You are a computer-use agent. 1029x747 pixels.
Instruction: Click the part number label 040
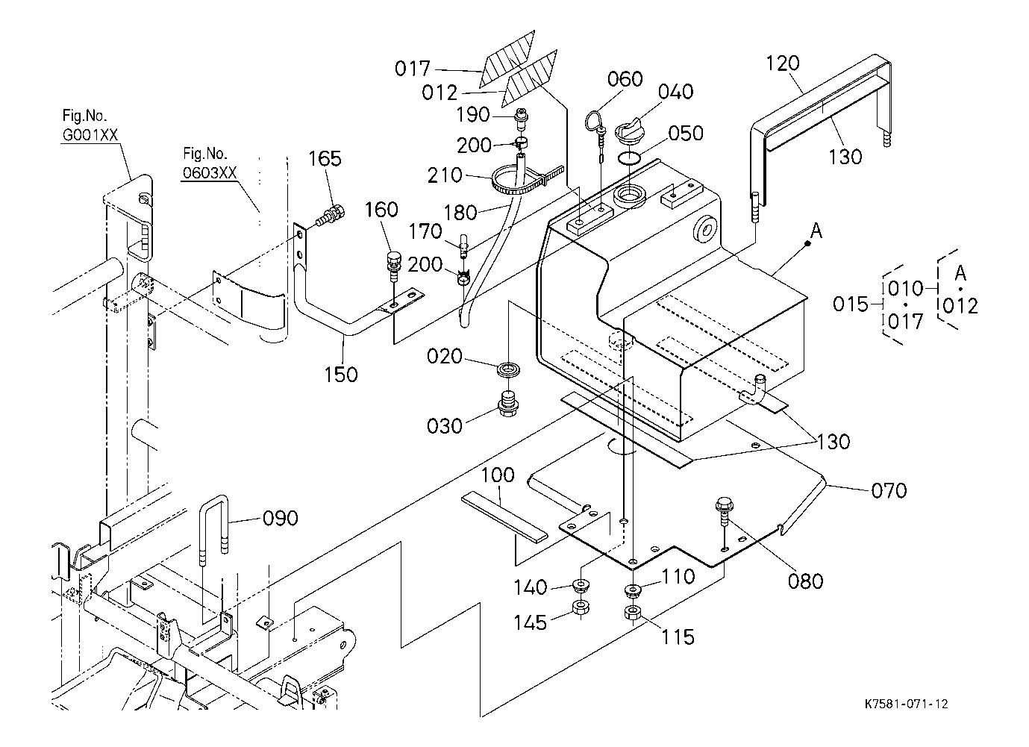click(676, 92)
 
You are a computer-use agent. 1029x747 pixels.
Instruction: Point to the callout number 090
click(280, 518)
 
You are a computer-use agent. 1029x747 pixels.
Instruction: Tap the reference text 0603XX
click(210, 173)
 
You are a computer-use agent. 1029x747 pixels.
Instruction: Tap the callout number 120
click(783, 64)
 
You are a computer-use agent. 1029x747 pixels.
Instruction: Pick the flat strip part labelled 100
click(504, 514)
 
